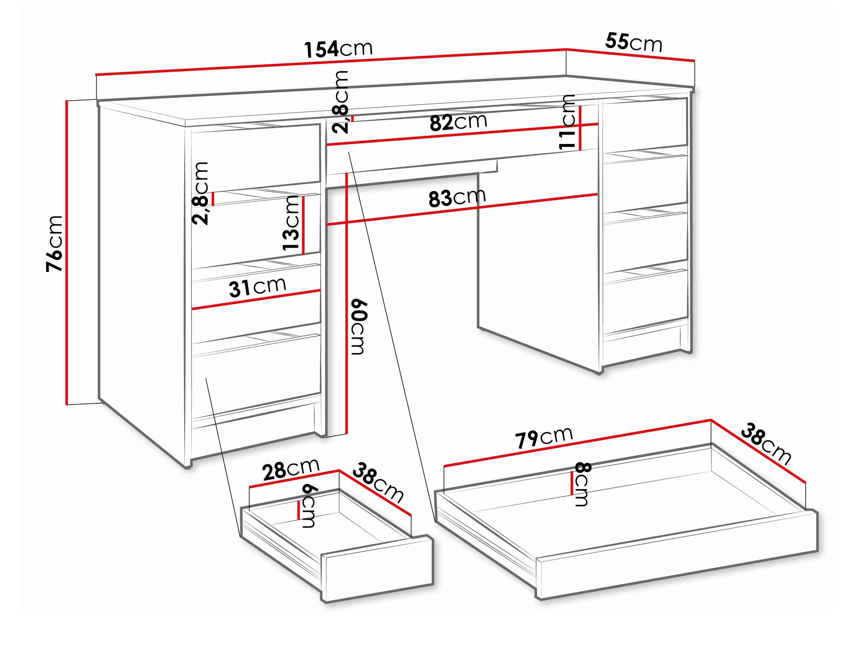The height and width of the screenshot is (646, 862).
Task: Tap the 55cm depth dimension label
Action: pos(634,43)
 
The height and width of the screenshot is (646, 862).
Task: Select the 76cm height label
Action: pos(54,243)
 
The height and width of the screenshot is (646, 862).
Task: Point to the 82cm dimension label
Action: pos(458,122)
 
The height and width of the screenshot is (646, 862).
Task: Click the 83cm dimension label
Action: pos(457,197)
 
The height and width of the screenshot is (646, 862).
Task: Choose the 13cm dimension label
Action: pos(291,223)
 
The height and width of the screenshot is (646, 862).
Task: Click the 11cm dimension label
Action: pos(567,122)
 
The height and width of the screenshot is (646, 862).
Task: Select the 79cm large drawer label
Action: pos(544,437)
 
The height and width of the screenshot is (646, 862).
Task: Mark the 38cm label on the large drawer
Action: pos(766,444)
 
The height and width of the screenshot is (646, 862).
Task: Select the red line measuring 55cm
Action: pos(630,55)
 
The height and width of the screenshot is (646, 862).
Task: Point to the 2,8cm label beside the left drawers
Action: pos(200,193)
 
